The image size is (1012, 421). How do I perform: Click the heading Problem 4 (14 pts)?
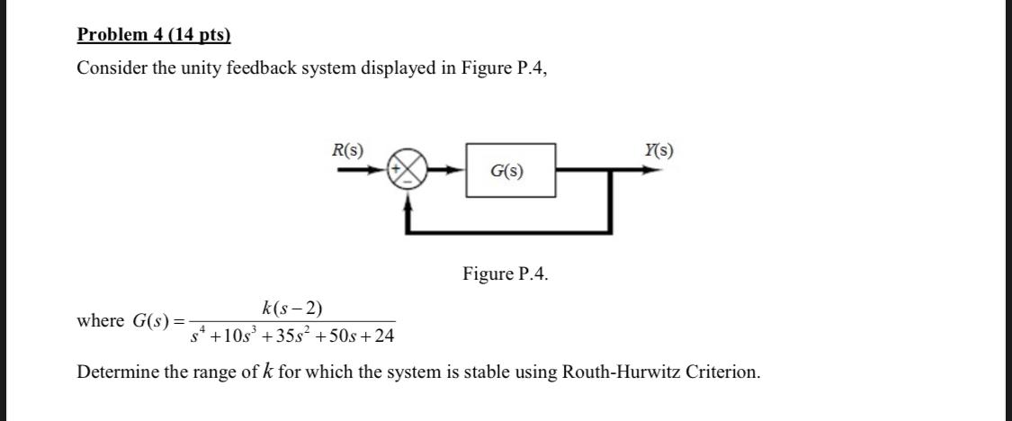tap(154, 35)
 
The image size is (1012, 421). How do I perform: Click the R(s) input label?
tap(348, 150)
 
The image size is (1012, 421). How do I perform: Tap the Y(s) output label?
tap(658, 150)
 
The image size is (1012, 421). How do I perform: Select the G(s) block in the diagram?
tap(510, 170)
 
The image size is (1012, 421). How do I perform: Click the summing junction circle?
tap(405, 169)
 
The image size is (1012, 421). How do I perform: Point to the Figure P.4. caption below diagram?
tap(505, 273)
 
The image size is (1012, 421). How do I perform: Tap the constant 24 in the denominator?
tap(383, 337)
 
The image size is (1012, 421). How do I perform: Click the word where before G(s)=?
tap(101, 321)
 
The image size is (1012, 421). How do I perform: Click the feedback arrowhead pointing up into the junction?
tap(409, 204)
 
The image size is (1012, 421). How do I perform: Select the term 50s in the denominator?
tap(341, 337)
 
